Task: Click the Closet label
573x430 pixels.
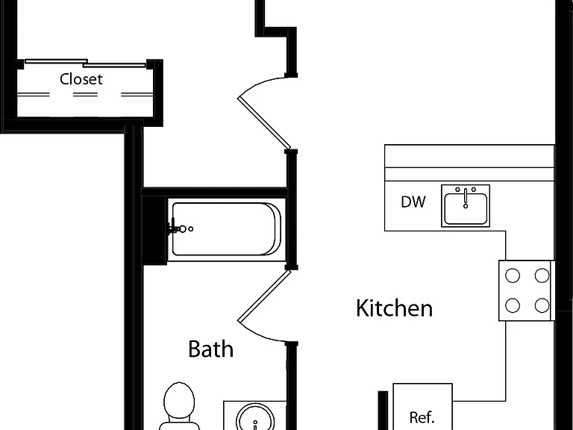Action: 81,79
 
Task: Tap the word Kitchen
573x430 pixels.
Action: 394,308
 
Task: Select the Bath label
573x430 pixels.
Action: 211,349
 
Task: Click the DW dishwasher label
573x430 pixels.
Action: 413,202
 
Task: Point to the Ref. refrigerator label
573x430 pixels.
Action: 422,417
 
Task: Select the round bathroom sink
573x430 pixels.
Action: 255,417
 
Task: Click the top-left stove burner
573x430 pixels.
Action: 513,275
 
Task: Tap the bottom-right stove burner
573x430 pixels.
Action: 542,305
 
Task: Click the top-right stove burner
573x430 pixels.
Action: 542,275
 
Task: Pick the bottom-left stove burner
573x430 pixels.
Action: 513,305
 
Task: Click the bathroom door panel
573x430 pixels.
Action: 264,296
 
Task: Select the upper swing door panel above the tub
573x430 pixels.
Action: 264,123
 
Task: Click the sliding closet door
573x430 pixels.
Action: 85,63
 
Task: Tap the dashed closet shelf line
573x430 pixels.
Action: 85,94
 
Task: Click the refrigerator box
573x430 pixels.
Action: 422,407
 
